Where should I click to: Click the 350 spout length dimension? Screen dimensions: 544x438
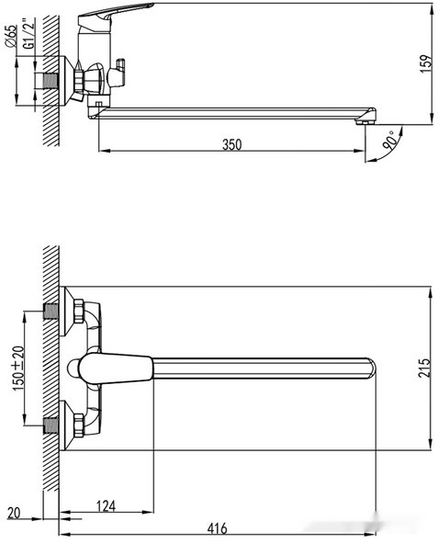tap(231, 144)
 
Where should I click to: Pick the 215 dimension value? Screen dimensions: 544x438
tap(423, 368)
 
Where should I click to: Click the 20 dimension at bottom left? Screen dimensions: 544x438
tap(12, 511)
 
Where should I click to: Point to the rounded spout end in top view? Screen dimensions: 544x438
tap(368, 368)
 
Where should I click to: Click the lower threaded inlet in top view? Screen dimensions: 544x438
tap(51, 424)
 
